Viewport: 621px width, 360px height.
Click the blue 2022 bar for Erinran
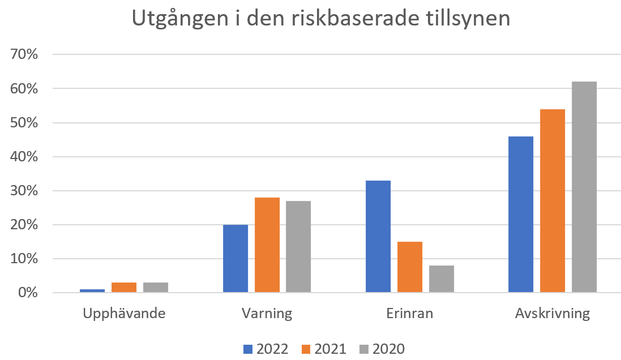[378, 237]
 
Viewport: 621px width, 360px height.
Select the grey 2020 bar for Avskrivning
[584, 187]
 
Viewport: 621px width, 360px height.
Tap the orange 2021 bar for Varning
[267, 245]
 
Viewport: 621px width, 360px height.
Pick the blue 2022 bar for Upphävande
[92, 291]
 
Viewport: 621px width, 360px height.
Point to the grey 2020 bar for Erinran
[442, 279]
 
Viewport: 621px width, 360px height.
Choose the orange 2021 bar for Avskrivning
[553, 201]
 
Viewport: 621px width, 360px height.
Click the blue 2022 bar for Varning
[235, 259]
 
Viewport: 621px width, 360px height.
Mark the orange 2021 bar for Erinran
[410, 267]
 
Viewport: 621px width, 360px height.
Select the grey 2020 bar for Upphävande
[156, 288]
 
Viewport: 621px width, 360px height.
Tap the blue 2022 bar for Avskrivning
[521, 215]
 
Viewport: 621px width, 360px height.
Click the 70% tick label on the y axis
[24, 54]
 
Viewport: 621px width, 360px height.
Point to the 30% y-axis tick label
[24, 191]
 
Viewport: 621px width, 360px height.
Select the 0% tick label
[28, 293]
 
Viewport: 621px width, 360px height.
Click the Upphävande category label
[124, 314]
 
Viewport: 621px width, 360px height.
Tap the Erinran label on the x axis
[409, 314]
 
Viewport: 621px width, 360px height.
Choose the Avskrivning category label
[553, 314]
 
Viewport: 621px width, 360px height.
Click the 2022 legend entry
[265, 349]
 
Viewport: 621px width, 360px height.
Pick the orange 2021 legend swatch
[306, 349]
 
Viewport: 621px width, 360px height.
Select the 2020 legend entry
[382, 349]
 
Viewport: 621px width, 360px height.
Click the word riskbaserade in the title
[355, 18]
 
